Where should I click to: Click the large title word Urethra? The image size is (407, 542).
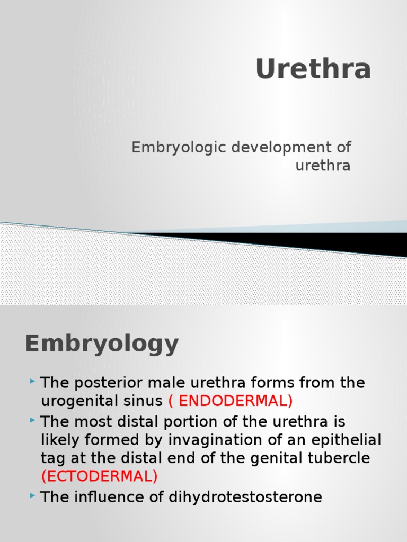coord(313,69)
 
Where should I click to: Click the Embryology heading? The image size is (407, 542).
coord(102,344)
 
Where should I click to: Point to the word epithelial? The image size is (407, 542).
coord(345,440)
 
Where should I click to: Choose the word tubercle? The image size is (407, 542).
coord(340,458)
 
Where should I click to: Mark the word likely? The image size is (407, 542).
coord(57,440)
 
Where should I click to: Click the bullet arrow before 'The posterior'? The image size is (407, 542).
coord(33,381)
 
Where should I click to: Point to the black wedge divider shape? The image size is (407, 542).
coord(318,241)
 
